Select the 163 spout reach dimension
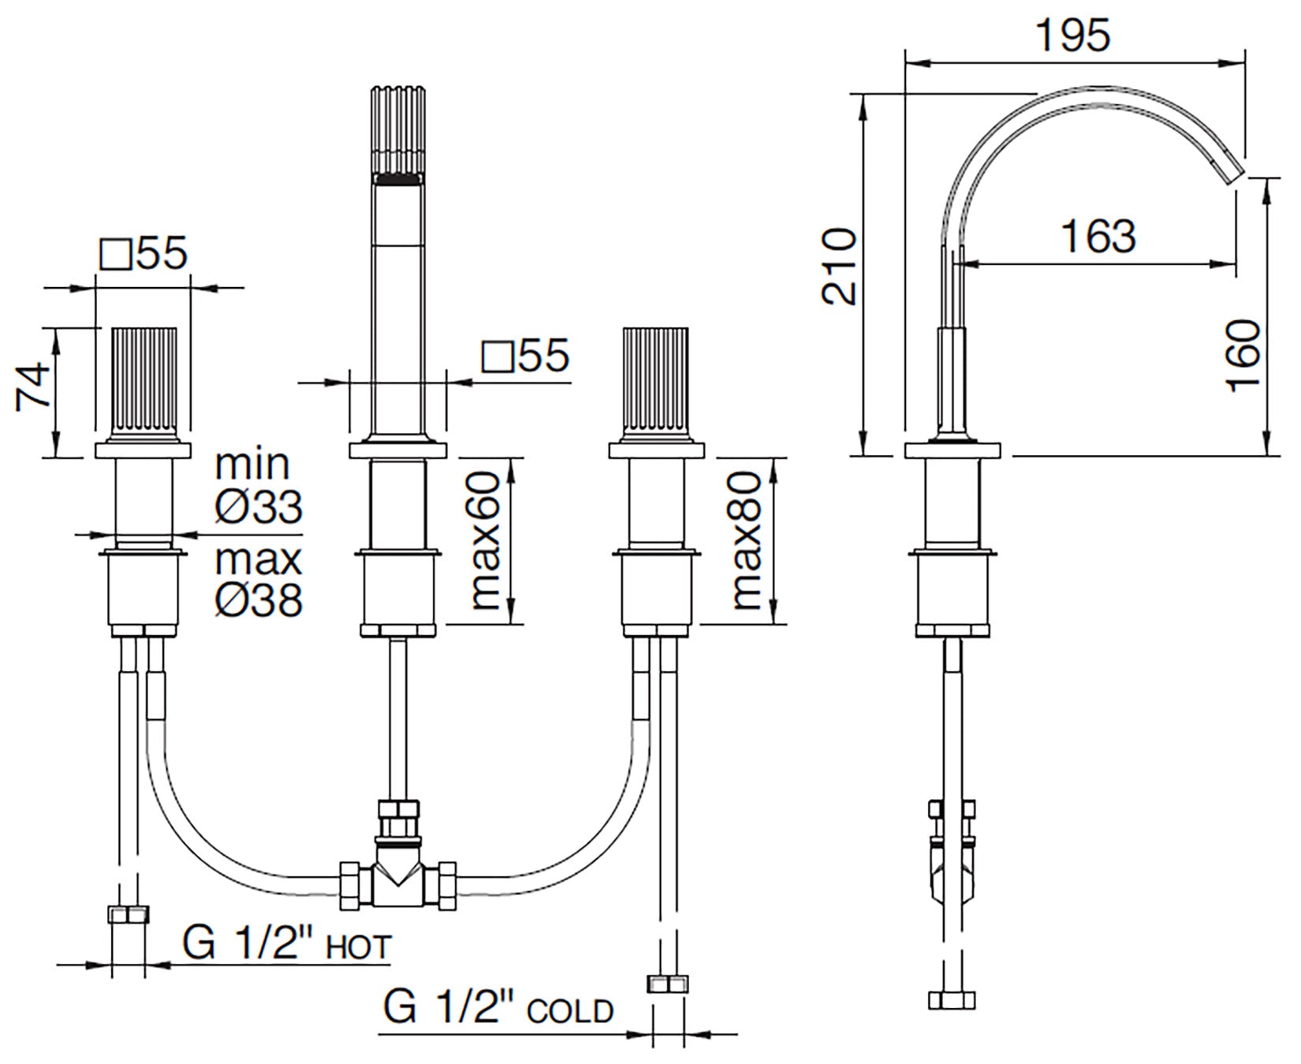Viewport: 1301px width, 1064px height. (1098, 236)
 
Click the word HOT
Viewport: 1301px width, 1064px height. (359, 946)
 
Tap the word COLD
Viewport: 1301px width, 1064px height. (571, 1010)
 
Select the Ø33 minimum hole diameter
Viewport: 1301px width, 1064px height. (258, 506)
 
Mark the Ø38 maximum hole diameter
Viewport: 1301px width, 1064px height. (258, 599)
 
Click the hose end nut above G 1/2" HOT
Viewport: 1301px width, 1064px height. (128, 915)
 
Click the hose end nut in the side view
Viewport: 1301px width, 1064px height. (952, 999)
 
